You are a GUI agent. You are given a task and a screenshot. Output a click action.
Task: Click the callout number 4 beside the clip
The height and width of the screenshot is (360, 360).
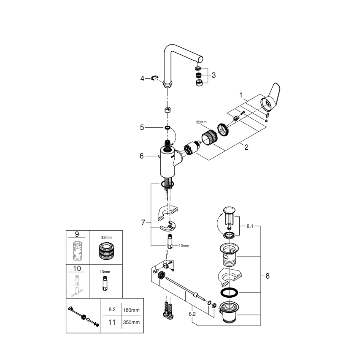pos(142,78)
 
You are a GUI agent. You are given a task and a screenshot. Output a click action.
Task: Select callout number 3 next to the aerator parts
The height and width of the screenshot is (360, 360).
pos(214,75)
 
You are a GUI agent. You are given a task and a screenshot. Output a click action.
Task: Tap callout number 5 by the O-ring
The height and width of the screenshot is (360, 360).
pos(142,128)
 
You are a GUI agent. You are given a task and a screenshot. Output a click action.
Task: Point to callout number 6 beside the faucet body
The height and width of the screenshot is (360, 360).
pos(141,156)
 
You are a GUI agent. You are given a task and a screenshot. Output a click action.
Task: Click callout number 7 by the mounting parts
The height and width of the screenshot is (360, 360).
pos(144,223)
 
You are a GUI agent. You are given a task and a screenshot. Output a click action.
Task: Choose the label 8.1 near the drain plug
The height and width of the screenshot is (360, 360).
pos(250,226)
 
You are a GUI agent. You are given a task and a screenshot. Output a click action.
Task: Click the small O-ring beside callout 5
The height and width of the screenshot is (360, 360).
pos(167,128)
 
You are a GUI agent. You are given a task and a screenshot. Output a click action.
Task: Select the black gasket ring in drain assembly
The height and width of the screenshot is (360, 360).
pos(228,292)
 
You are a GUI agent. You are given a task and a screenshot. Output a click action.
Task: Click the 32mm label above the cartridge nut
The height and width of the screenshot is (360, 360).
pos(201,122)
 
